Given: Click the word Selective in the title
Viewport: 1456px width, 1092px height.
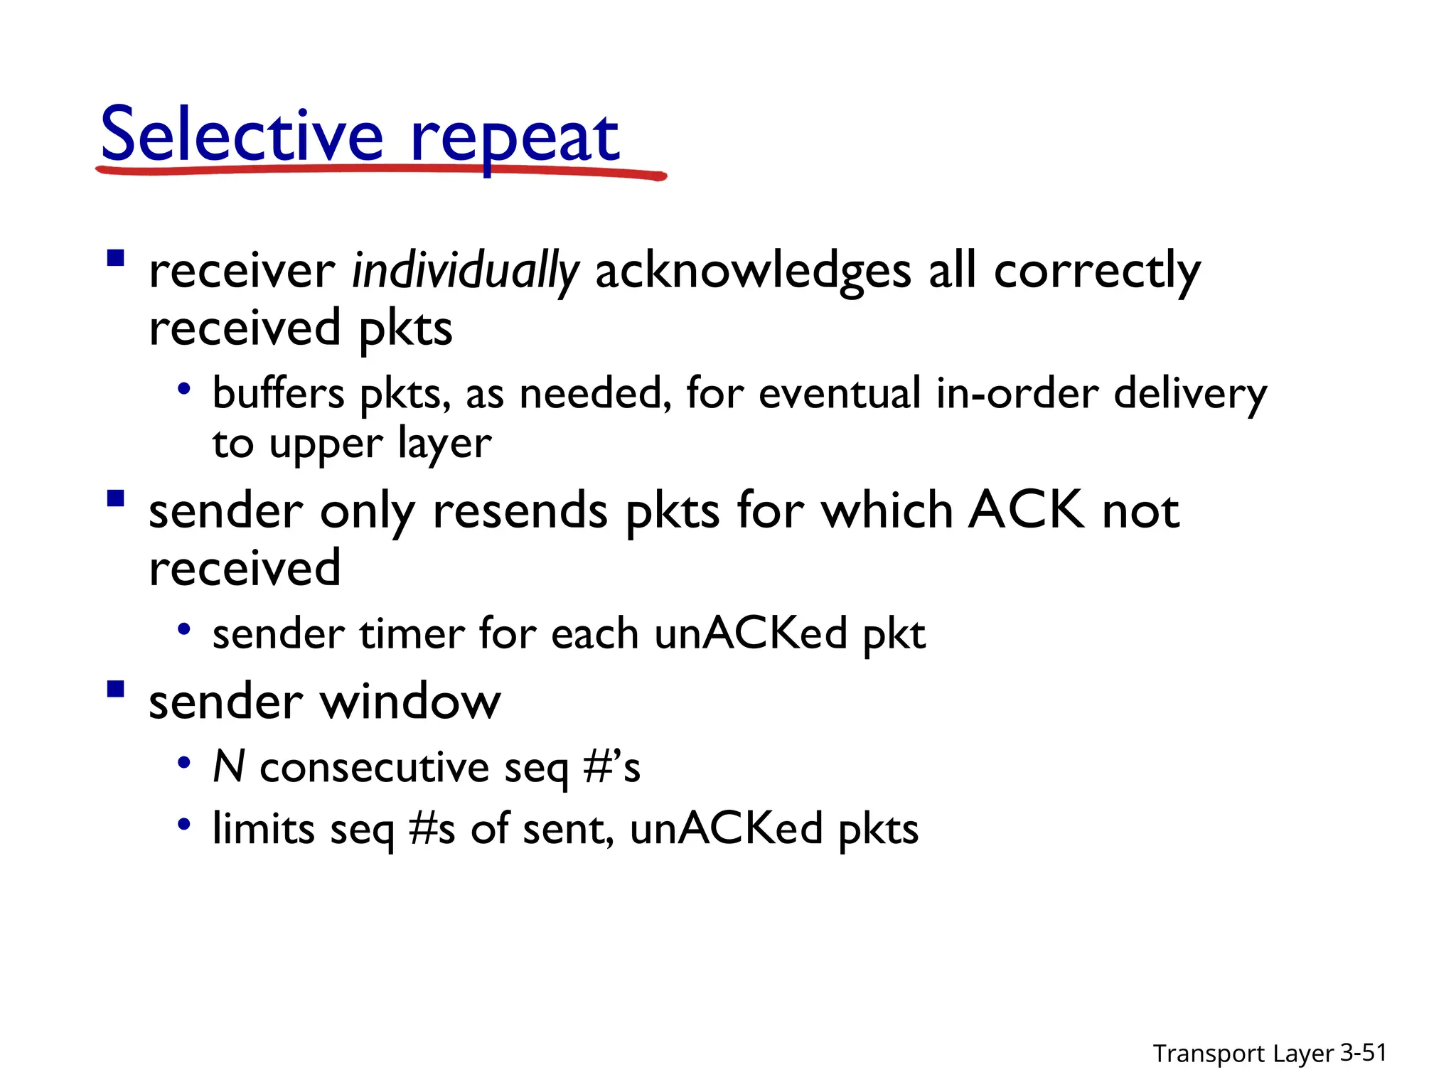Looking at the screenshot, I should [x=242, y=135].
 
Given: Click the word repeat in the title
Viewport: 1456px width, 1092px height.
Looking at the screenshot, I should [x=515, y=139].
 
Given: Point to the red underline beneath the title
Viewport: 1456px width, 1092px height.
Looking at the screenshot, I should [x=380, y=171].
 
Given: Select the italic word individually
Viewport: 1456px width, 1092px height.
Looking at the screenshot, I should [x=466, y=272].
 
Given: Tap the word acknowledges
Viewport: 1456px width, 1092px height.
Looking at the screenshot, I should [x=753, y=272].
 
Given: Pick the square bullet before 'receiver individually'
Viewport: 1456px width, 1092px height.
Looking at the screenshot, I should [x=116, y=257].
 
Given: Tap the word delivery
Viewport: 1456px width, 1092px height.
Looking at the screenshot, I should [x=1190, y=395].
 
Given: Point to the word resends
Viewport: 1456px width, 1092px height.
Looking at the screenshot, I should [x=520, y=511].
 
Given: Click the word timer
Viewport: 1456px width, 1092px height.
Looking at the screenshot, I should [x=412, y=633].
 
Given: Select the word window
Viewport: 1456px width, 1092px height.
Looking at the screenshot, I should [x=411, y=702].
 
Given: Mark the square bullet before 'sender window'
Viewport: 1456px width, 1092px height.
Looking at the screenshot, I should [x=116, y=690].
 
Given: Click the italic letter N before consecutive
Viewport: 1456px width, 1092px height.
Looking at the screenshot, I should [x=229, y=767].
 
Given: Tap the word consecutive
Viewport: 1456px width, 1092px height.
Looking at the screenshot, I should [x=375, y=769].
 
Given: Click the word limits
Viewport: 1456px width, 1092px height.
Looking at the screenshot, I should [x=264, y=829].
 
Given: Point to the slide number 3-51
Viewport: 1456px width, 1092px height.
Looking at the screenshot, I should [x=1363, y=1052].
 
